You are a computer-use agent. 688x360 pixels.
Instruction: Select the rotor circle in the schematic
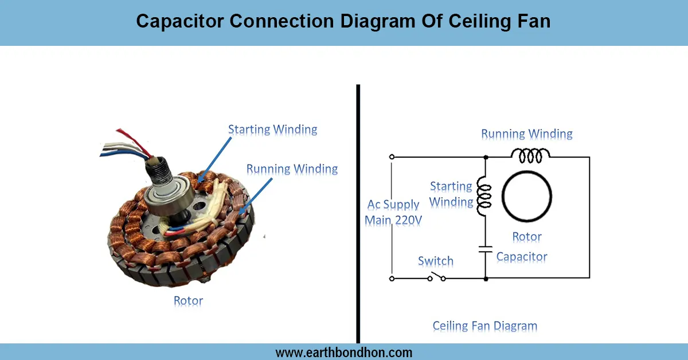pos(527,195)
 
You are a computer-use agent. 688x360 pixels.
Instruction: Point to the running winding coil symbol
pos(530,154)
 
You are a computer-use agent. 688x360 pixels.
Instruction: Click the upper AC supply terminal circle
pos(392,156)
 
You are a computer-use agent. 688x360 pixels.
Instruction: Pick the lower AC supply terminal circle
pos(392,278)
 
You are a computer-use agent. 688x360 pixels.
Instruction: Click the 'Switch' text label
pos(436,261)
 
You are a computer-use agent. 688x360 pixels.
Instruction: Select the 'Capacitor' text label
pos(522,257)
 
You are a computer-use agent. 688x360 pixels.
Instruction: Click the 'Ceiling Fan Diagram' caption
pos(485,326)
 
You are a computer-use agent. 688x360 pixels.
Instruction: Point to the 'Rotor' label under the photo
pos(188,300)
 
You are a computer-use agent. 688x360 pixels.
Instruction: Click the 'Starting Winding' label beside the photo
pos(272,129)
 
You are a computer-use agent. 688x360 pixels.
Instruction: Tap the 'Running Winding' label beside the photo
pos(292,169)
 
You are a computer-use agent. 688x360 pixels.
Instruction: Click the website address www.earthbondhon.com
pos(344,352)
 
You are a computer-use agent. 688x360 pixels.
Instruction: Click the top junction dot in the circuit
pos(486,156)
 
